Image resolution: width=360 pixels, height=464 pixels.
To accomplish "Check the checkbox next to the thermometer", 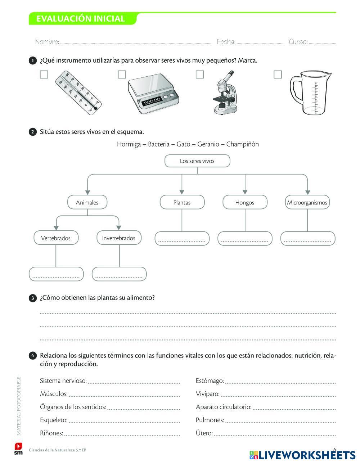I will tap(44, 75).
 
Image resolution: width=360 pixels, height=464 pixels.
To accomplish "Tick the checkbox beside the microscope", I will tap(200, 75).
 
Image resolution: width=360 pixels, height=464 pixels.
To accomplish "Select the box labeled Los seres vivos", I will tap(197, 161).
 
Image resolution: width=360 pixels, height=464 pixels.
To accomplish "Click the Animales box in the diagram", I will tap(87, 202).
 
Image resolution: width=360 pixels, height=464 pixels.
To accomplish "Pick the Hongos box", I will tap(245, 202).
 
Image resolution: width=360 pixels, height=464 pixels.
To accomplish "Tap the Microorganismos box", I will tap(307, 202).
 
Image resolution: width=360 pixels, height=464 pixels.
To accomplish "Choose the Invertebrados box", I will tap(119, 238).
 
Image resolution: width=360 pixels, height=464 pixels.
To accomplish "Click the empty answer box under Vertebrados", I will tap(56, 274).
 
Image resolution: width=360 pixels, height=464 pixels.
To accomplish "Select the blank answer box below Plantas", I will tap(182, 239).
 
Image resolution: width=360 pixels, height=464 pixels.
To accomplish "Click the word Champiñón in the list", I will tap(243, 144).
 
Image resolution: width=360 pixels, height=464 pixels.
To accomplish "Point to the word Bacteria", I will tap(158, 144).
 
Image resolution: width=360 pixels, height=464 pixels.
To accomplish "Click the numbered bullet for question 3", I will tap(32, 298).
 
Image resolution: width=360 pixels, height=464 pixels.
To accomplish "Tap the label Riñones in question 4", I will tap(51, 433).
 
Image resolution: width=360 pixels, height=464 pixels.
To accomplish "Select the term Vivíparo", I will tap(207, 394).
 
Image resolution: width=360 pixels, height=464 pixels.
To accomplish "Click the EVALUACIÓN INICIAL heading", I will tap(81, 19).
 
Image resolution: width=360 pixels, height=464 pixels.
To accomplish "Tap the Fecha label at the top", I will tap(226, 42).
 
